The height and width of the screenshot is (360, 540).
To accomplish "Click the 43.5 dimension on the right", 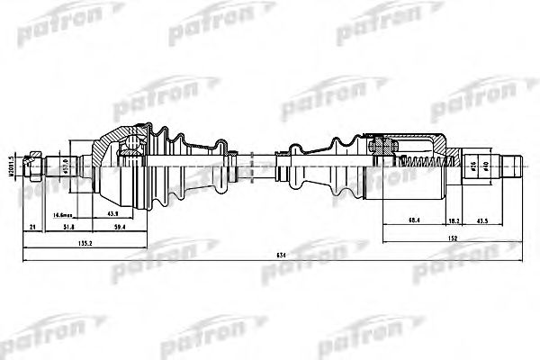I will pos(482,220).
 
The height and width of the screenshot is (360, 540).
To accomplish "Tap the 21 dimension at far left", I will pos(32,229).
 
